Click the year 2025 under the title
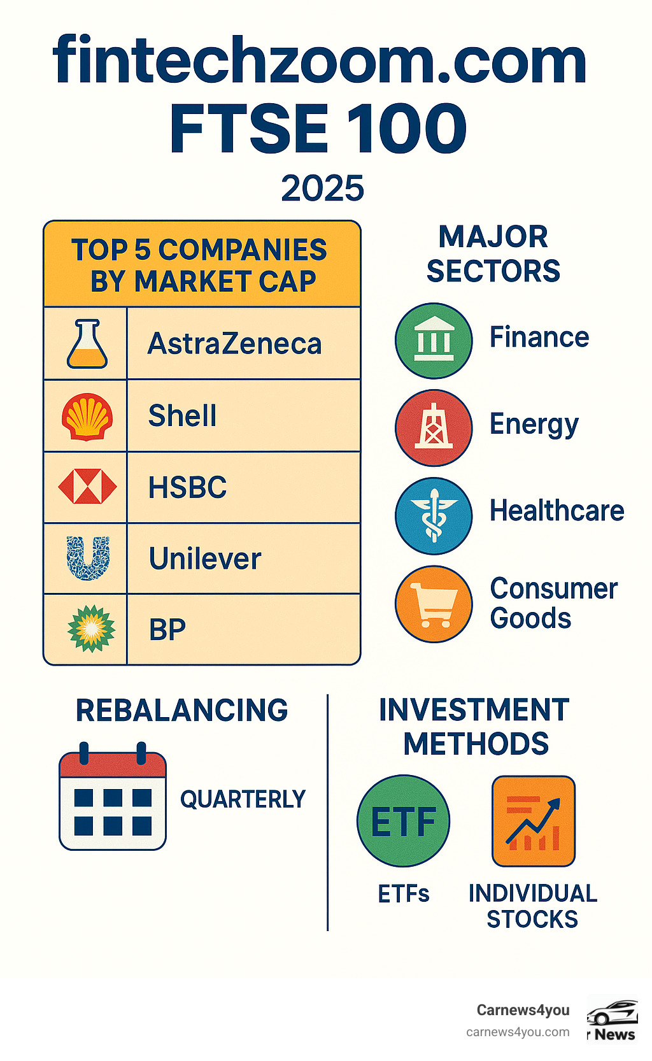(322, 189)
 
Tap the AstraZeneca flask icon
(87, 344)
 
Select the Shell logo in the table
(87, 417)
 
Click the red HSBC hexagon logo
(87, 487)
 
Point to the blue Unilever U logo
(88, 558)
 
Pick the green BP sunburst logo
(91, 629)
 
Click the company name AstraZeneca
(234, 344)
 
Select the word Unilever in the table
(205, 559)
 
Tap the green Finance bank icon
(434, 341)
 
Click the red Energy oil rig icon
(434, 427)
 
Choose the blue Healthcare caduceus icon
(434, 515)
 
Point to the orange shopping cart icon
(434, 604)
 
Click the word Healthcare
(556, 511)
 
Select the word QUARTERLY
(243, 799)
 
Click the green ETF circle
(403, 821)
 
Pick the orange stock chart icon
(534, 821)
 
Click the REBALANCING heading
(181, 710)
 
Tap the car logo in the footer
(612, 1013)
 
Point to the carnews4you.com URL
(518, 1032)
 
